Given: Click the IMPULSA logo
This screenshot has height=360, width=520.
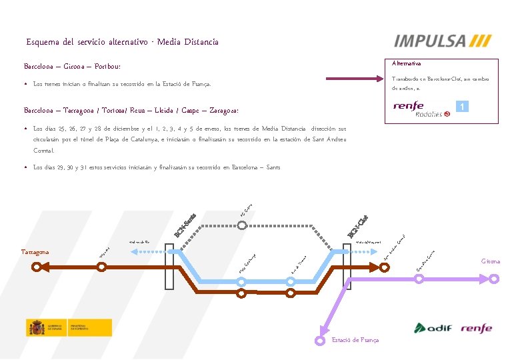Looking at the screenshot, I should (443, 41).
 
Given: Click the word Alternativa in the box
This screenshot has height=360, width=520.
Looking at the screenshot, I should (406, 63).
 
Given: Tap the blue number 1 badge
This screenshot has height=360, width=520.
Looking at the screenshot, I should (461, 107).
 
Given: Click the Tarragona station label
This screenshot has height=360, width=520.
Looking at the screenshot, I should (39, 252).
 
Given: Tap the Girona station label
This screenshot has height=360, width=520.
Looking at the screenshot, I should (491, 262).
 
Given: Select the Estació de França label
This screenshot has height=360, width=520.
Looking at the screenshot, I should (355, 340).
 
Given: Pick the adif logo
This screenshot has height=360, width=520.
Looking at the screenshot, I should (433, 328).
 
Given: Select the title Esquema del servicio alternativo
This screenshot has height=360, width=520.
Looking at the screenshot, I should (122, 42).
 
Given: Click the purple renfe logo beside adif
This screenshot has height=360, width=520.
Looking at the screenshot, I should (475, 328).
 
